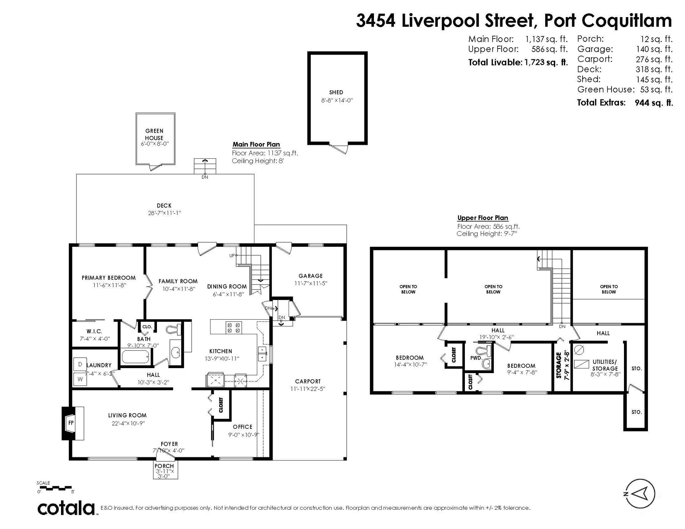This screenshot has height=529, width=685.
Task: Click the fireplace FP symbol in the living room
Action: pyautogui.click(x=71, y=423)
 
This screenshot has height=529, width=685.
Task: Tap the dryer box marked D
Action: pyautogui.click(x=80, y=365)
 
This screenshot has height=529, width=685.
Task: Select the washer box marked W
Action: pyautogui.click(x=80, y=379)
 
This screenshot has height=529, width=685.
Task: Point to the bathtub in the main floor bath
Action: pyautogui.click(x=136, y=357)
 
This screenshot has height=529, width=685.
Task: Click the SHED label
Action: pyautogui.click(x=336, y=92)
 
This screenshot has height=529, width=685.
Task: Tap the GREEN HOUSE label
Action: pyautogui.click(x=154, y=134)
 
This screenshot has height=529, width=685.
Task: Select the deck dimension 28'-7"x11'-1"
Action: pyautogui.click(x=164, y=213)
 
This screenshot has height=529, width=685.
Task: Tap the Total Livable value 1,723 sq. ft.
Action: pyautogui.click(x=546, y=62)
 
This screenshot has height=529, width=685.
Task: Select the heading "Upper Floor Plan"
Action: pyautogui.click(x=483, y=218)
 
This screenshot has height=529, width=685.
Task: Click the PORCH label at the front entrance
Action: pyautogui.click(x=164, y=466)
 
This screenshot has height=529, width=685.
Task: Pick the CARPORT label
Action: pyautogui.click(x=308, y=381)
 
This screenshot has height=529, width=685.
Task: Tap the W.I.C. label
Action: pyautogui.click(x=94, y=331)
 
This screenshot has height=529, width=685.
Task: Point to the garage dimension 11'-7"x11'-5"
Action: pyautogui.click(x=311, y=283)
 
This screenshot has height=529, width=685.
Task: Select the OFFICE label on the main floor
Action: pyautogui.click(x=243, y=427)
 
